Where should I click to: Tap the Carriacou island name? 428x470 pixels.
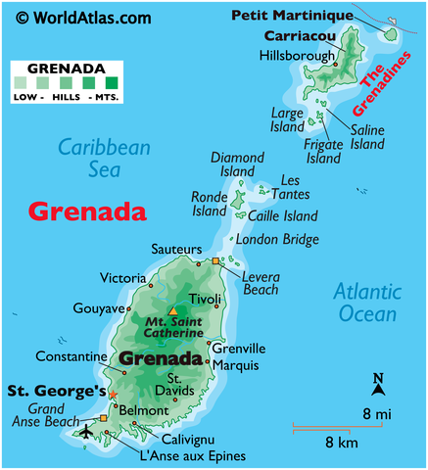(299, 36)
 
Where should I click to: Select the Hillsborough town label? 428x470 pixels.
(297, 56)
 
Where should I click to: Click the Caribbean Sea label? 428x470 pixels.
(103, 160)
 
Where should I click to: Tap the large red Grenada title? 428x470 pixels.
(87, 211)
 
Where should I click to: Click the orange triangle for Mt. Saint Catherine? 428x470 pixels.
(173, 310)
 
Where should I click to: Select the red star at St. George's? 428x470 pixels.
(114, 395)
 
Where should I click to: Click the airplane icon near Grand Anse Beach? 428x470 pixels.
(85, 432)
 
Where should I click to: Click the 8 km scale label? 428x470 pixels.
(342, 442)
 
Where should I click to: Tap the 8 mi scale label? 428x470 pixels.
(377, 414)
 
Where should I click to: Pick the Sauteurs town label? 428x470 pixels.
(176, 250)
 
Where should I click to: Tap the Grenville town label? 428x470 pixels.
(239, 348)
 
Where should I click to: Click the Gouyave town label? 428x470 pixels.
(99, 307)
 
